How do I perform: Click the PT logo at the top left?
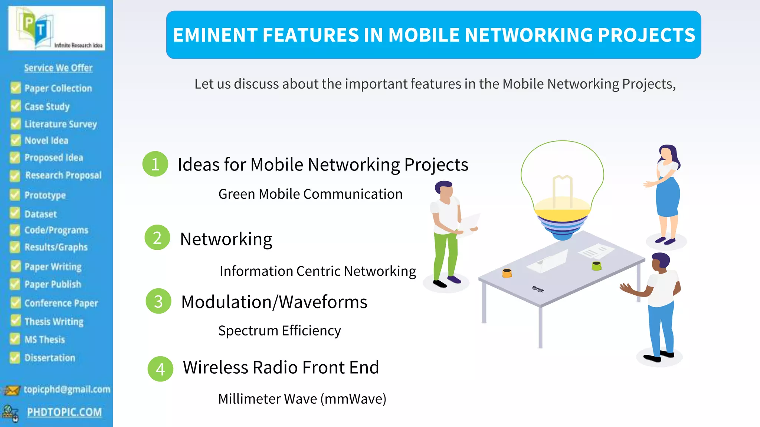coord(56,29)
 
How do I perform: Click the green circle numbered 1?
coord(155,164)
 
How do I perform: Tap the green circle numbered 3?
coord(158,301)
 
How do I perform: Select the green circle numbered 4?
coord(160,369)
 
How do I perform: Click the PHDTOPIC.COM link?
coord(64,412)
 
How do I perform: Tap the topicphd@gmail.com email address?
coord(67,389)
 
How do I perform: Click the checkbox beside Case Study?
coord(16,106)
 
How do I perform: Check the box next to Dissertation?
coord(15,358)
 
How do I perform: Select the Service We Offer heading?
coord(58,68)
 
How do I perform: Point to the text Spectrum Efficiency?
coord(279,330)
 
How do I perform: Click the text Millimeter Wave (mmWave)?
coord(302,399)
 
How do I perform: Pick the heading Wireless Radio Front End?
coord(281,367)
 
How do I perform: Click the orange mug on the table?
coord(507,273)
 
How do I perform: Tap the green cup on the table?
coord(596,265)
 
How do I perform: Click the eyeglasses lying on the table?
coord(538,289)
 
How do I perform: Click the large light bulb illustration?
coord(562,189)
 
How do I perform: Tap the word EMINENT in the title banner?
coord(216,35)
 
